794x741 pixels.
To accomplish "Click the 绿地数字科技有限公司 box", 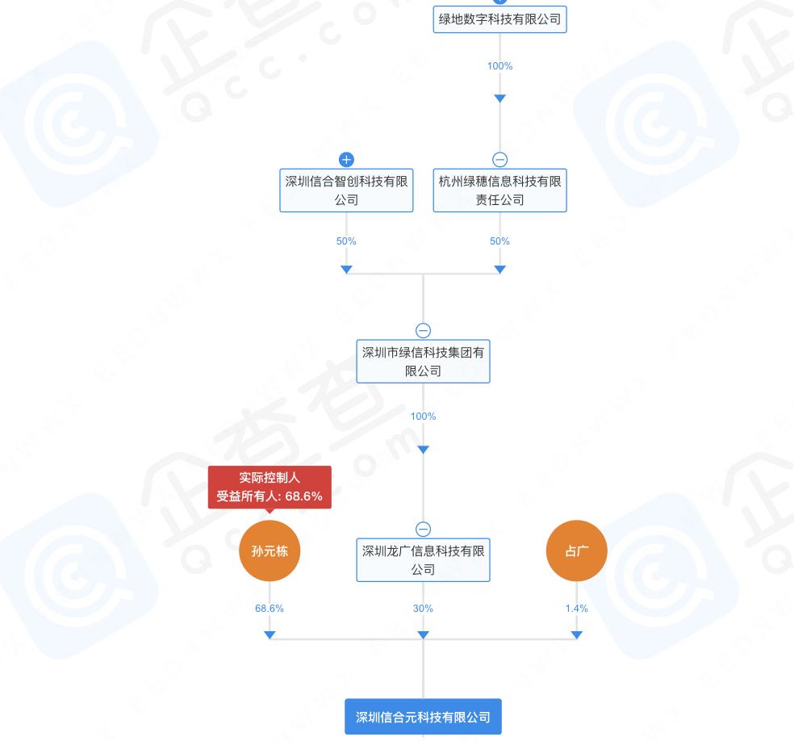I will point(499,19).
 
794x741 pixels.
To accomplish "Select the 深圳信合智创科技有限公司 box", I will point(346,190).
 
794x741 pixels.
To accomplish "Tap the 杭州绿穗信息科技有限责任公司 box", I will point(499,190).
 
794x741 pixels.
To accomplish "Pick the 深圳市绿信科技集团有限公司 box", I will point(423,361).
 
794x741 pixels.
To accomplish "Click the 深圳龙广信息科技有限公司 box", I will point(423,560).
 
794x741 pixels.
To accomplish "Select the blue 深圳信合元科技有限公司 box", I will point(423,717).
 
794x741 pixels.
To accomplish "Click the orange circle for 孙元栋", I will point(270,551).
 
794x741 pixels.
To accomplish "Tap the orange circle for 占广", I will point(576,551).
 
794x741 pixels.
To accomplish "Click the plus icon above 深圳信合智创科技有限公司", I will point(346,159).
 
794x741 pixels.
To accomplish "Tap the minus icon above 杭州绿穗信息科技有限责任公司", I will point(499,159).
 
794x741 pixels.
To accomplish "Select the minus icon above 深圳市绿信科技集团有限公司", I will point(423,330).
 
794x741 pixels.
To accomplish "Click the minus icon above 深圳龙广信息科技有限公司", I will point(423,529).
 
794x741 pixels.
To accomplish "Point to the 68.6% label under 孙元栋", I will point(270,609).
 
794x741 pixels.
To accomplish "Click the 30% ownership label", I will point(423,609).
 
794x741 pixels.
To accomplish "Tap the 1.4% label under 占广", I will point(576,609).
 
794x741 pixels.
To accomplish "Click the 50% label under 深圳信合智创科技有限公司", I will point(346,241).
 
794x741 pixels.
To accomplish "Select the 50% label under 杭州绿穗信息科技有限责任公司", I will point(499,241).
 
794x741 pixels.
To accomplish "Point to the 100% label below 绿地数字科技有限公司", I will point(499,66).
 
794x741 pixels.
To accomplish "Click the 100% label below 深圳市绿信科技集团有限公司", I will point(423,417).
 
